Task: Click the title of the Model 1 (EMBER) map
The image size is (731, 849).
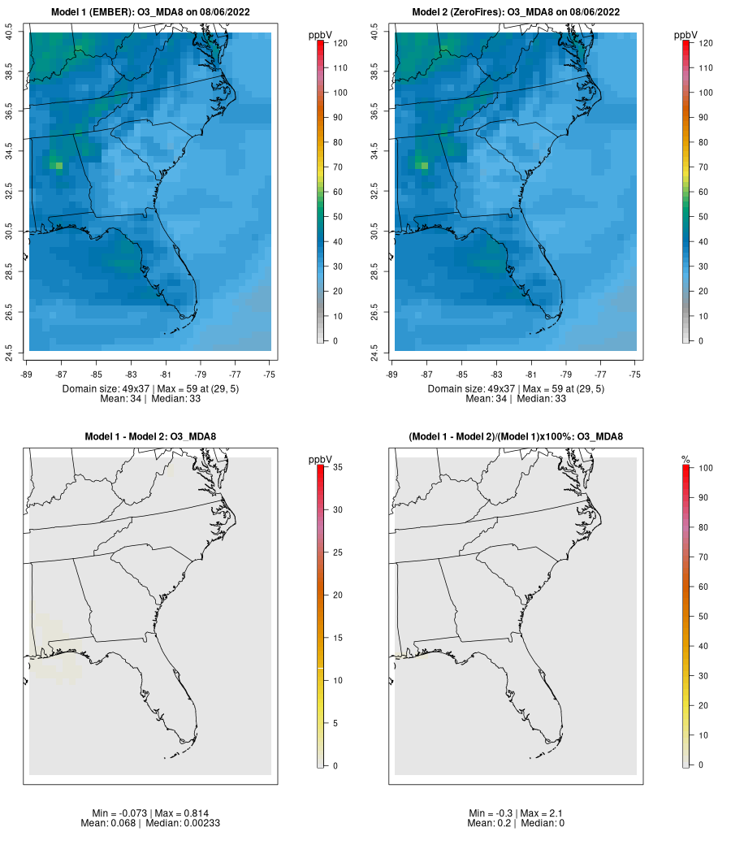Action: [150, 12]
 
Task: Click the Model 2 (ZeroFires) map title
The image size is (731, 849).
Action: [516, 12]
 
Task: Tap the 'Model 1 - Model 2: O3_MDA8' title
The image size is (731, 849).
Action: [150, 437]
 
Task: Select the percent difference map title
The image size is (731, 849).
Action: [516, 437]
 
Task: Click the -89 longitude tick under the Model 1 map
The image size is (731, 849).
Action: [29, 375]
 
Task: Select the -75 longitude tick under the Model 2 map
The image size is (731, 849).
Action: [634, 375]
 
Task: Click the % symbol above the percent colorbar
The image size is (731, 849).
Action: [686, 460]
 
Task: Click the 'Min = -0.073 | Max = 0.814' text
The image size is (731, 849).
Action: [150, 813]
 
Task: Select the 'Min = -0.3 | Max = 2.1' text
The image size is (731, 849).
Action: [516, 813]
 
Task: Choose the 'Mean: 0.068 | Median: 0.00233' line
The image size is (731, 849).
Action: [150, 823]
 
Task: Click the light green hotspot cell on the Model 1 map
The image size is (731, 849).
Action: [57, 165]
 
